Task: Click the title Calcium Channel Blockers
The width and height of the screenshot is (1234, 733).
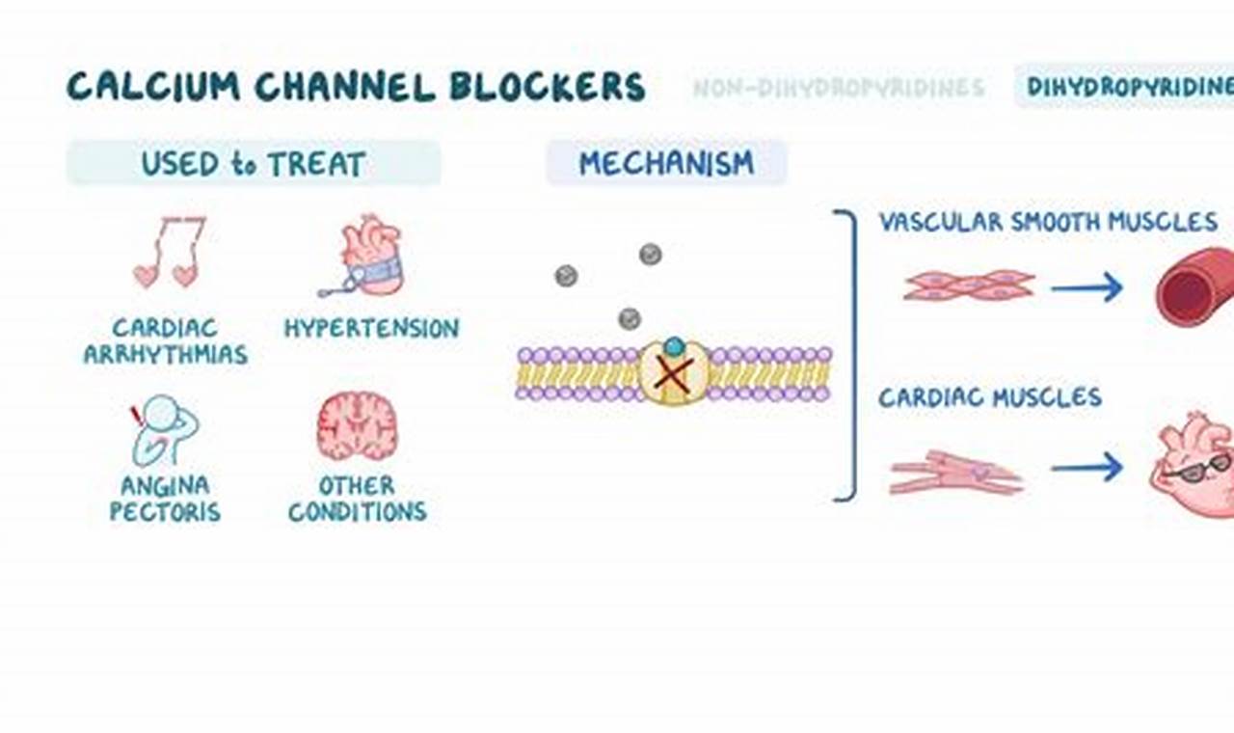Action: click(x=356, y=87)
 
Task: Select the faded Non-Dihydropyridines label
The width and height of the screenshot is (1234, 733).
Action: click(x=839, y=88)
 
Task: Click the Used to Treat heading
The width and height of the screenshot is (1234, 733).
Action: click(x=254, y=163)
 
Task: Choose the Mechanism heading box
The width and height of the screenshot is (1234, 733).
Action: click(x=666, y=162)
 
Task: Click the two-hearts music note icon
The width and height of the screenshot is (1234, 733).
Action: click(x=169, y=253)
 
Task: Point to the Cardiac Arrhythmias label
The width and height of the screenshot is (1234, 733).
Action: click(x=165, y=341)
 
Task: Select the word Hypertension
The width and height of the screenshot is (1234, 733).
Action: click(x=371, y=328)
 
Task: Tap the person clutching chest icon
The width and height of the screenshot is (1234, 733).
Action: click(x=165, y=429)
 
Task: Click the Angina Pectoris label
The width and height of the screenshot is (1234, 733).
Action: click(x=165, y=498)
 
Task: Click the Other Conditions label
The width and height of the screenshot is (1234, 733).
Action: click(x=357, y=498)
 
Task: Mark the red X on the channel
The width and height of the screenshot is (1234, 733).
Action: click(x=673, y=375)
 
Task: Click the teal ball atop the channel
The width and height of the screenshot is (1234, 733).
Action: click(x=674, y=345)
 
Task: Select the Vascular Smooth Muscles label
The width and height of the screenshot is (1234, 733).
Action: click(x=1048, y=222)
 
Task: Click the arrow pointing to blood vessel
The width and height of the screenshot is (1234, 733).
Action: click(x=1086, y=286)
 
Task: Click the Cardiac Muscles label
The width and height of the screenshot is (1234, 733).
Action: click(x=989, y=397)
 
